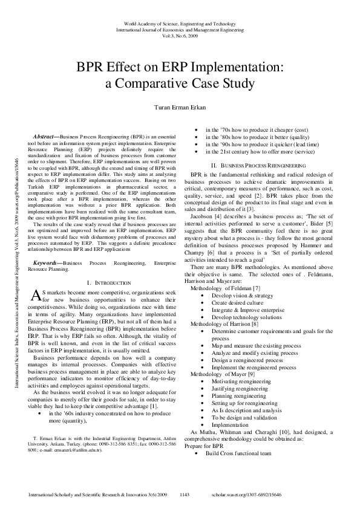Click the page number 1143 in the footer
[186, 494]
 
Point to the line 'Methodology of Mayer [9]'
[215, 374]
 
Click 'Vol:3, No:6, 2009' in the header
[180, 36]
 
